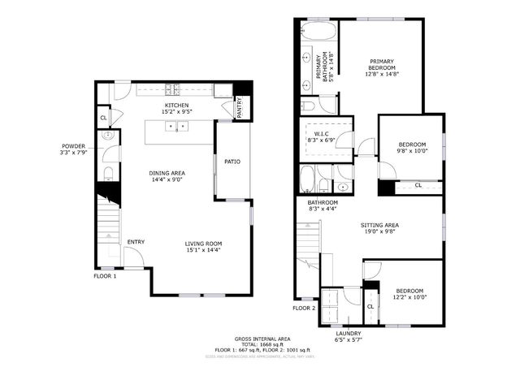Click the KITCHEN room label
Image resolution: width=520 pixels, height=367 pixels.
tap(177, 106)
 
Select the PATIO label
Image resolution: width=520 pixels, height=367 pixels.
tap(232, 161)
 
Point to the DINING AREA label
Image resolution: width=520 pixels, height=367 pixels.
tap(167, 173)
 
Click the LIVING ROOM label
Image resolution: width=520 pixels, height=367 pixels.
tap(204, 242)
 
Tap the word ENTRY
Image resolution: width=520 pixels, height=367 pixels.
tap(136, 242)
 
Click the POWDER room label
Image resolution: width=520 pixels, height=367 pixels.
tap(72, 148)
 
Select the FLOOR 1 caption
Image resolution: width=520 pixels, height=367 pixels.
tap(105, 275)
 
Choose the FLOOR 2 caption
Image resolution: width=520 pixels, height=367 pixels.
tap(303, 308)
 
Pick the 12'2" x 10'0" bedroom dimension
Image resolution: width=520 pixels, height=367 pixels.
tap(409, 296)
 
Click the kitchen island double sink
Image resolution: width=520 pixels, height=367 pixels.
tap(178, 127)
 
